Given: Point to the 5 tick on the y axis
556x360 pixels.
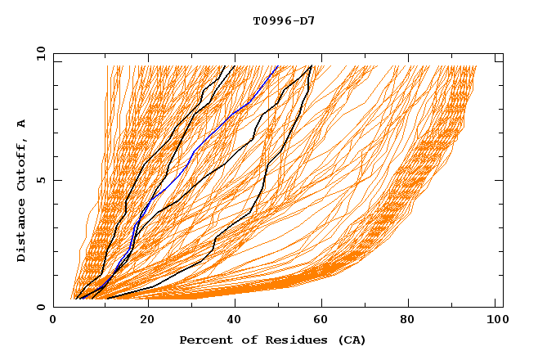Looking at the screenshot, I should [x=40, y=180].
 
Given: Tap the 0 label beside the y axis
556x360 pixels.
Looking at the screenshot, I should [x=40, y=307].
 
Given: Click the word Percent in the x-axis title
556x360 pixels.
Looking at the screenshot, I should [x=204, y=340].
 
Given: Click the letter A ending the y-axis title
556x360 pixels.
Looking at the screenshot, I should [x=22, y=124].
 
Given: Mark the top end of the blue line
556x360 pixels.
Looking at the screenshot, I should [x=278, y=66].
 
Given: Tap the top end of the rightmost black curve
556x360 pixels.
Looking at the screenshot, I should [x=312, y=66].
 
